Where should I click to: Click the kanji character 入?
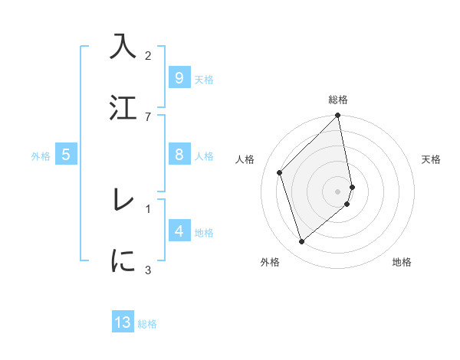pos(123,47)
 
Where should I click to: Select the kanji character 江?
pos(123,108)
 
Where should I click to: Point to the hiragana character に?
pos(123,261)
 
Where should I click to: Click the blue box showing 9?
pos(179,78)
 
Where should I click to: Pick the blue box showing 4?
pos(179,231)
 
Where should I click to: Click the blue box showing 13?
pos(123,322)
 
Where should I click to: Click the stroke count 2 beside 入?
pos(148,55)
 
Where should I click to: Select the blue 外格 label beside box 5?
pos(41,156)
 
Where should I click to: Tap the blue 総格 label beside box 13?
pos(147,324)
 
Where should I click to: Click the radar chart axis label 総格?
pos(338,100)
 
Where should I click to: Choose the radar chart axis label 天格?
pos(432,159)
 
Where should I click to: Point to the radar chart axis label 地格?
pos(402,262)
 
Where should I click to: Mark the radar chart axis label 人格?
pos(245,159)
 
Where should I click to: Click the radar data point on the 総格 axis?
pos(338,116)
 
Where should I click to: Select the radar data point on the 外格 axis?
pos(302,242)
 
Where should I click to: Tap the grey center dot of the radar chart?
pos(338,191)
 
